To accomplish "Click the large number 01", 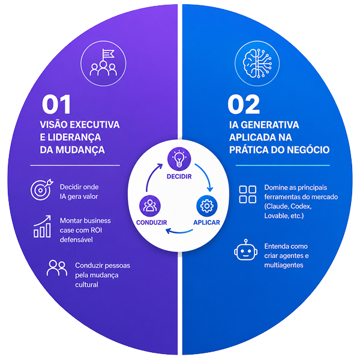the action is click(x=56, y=104).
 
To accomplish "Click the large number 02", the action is click(x=244, y=104).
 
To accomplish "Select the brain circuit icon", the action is click(x=257, y=64).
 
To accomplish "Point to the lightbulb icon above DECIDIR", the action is click(x=179, y=159).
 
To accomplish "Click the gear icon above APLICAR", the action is click(x=206, y=206).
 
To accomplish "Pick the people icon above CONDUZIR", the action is click(x=150, y=206).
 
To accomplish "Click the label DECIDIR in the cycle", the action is click(x=179, y=176).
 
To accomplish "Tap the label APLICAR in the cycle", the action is click(x=206, y=222).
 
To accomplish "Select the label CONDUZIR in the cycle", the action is click(x=152, y=222).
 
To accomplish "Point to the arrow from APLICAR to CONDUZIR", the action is click(x=179, y=232).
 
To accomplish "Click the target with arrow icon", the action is click(x=42, y=190).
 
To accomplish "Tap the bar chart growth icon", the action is click(x=42, y=227).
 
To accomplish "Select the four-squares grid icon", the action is click(x=247, y=194).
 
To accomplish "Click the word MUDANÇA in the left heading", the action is click(x=80, y=150).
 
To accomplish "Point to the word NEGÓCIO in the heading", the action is click(x=308, y=149).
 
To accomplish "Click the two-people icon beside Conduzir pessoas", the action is click(x=57, y=268).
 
